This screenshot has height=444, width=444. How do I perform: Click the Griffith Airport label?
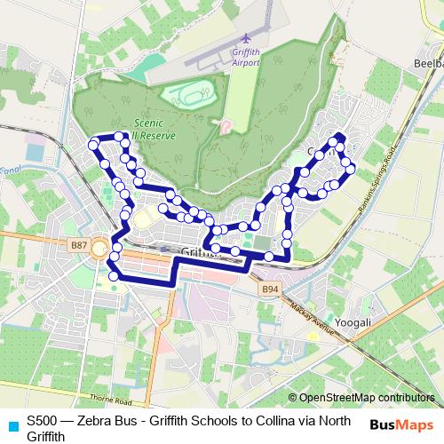[x=246, y=56]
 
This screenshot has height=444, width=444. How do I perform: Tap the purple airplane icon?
[x=246, y=39]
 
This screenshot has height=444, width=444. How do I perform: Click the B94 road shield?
[x=270, y=289]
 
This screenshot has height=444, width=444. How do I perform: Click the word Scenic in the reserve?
[x=147, y=126]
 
